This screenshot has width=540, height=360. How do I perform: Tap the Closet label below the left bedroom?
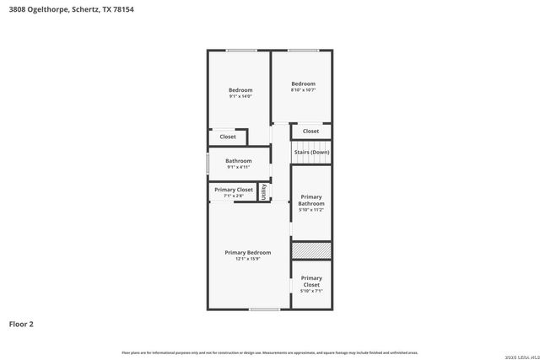pos(228,137)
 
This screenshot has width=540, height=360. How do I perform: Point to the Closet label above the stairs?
pos(310,131)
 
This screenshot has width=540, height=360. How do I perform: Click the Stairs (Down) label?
pos(311,152)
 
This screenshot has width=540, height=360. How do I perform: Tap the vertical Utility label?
pos(263,191)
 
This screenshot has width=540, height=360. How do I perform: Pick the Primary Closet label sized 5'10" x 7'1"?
pos(311,282)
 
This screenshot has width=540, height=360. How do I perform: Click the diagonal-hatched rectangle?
pos(310,250)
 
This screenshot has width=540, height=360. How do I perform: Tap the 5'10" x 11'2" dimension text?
pos(311,210)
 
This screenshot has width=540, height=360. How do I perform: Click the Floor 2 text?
pos(21,324)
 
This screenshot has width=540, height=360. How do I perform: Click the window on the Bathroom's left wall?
pos(208,163)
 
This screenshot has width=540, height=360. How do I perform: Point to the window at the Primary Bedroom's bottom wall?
pos(265,309)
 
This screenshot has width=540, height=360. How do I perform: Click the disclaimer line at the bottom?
pos(269,352)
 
